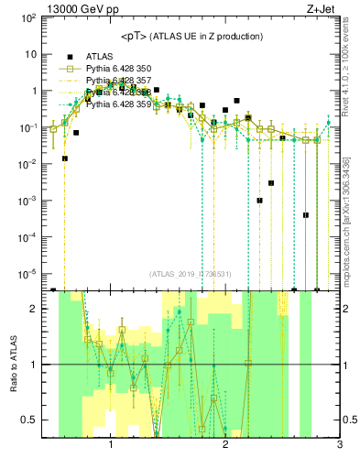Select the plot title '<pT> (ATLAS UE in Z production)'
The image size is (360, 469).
[191, 36]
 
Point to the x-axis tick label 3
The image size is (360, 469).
[339, 444]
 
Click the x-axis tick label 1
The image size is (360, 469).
[111, 444]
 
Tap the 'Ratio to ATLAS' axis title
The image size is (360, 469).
[11, 365]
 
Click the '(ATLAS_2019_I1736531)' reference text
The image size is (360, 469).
[190, 274]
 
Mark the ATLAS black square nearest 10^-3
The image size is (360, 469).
[260, 201]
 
